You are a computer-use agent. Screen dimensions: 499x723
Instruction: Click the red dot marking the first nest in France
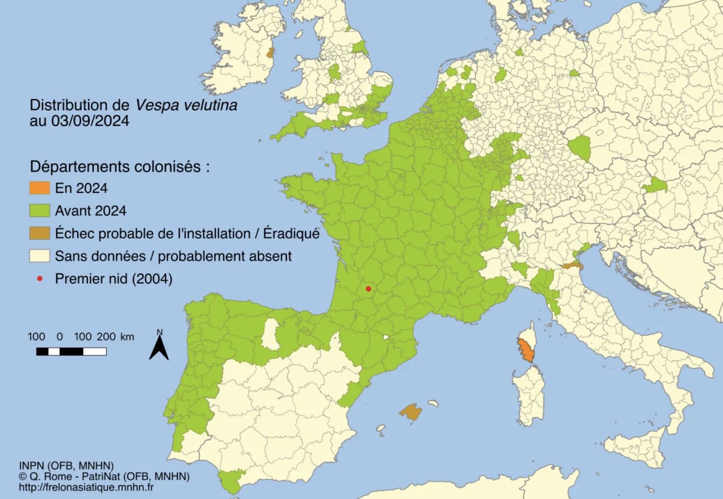(x=369, y=289)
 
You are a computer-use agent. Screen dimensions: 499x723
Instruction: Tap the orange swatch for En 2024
(x=40, y=188)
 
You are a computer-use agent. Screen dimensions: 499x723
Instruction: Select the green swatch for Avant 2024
(x=40, y=211)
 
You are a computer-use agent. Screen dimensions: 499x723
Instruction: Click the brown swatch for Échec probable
(x=40, y=233)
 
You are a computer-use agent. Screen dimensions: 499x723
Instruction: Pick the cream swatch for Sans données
(x=40, y=256)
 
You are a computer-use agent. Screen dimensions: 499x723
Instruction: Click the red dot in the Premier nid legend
(x=40, y=278)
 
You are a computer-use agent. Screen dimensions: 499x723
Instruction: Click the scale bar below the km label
(x=71, y=351)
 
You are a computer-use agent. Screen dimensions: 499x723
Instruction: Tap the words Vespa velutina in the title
(x=186, y=105)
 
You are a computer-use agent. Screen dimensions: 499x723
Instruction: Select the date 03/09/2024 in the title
(x=90, y=121)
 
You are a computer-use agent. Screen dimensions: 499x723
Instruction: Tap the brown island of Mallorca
(x=411, y=412)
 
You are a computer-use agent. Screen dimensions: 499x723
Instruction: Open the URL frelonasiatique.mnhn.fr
(x=86, y=487)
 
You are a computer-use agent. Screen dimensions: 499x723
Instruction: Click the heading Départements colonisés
(x=119, y=166)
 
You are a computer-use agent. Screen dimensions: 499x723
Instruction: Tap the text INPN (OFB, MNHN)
(x=66, y=466)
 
